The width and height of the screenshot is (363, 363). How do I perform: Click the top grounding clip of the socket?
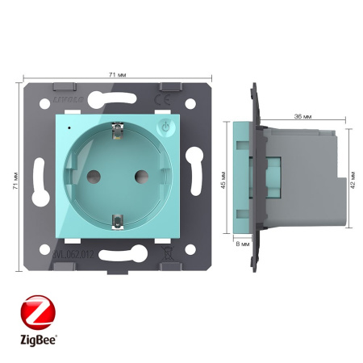[x=117, y=127]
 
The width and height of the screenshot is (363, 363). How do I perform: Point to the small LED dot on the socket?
[x=70, y=127]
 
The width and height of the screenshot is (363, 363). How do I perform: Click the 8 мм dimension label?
[x=241, y=242]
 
